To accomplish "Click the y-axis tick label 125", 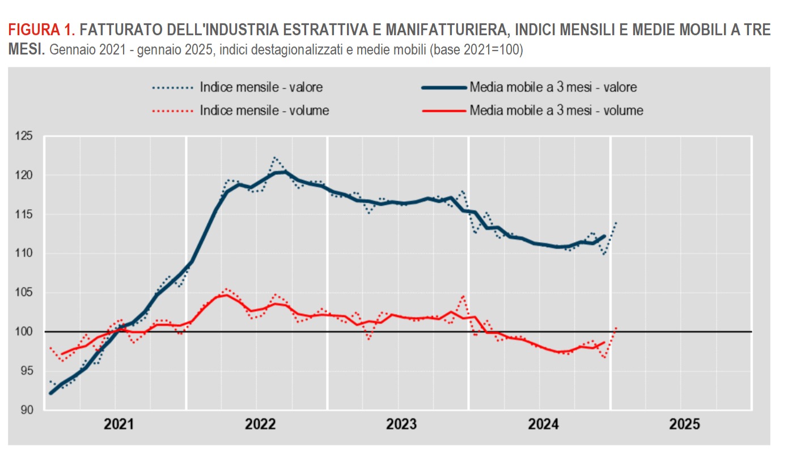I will pyautogui.click(x=25, y=136).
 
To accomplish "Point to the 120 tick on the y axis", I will pyautogui.click(x=25, y=175).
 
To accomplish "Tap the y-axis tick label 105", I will pyautogui.click(x=25, y=292).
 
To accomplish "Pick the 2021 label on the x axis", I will pyautogui.click(x=120, y=425).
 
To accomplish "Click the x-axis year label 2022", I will pyautogui.click(x=261, y=425).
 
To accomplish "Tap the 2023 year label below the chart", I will pyautogui.click(x=402, y=425).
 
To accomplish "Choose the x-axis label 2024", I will pyautogui.click(x=544, y=425).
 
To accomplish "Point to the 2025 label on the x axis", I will pyautogui.click(x=685, y=425).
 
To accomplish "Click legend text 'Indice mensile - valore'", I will pyautogui.click(x=261, y=87).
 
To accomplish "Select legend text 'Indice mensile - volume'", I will pyautogui.click(x=264, y=111).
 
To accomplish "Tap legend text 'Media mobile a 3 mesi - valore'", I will pyautogui.click(x=553, y=87).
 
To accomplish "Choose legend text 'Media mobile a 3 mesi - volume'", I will pyautogui.click(x=556, y=111).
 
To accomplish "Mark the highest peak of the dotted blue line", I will pyautogui.click(x=274, y=158).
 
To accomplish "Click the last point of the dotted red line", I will pyautogui.click(x=616, y=327).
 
